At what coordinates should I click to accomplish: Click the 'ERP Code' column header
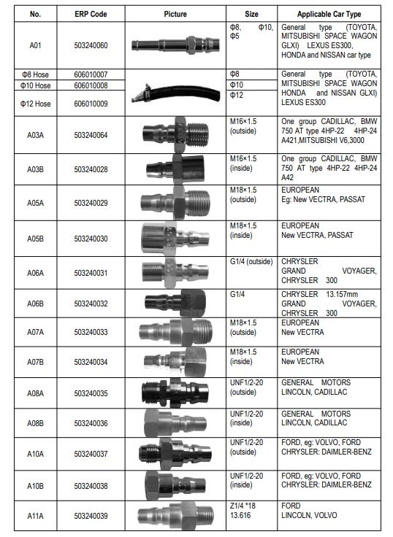click(x=91, y=14)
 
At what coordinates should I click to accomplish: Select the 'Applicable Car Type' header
click(x=329, y=14)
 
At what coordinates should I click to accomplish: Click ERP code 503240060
click(x=91, y=45)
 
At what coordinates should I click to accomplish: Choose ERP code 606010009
click(x=91, y=103)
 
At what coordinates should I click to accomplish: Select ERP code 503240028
click(x=91, y=170)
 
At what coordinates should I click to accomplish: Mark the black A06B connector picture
click(x=175, y=301)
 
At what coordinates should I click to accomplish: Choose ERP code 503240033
click(x=91, y=332)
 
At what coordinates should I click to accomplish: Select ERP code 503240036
click(x=91, y=422)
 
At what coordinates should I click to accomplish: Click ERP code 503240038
click(x=91, y=484)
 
